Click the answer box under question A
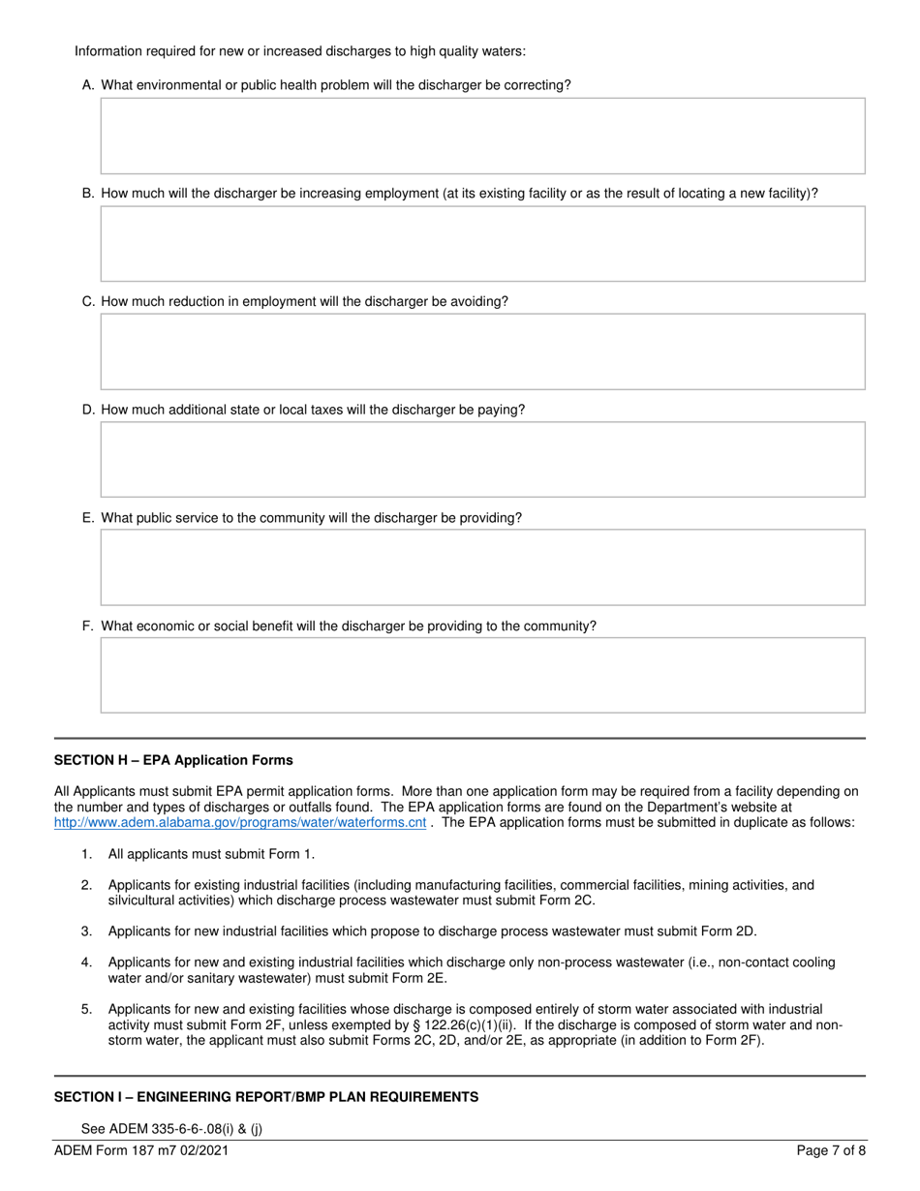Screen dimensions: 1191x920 (482, 136)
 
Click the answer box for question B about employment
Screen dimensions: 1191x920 (482, 243)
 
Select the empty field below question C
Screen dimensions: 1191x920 (482, 351)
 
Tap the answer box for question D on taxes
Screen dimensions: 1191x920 (482, 459)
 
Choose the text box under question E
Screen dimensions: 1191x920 (482, 567)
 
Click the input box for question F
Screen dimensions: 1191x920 (482, 675)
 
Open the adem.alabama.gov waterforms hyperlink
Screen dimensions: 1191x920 (240, 823)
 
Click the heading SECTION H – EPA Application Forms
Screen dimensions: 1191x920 (173, 760)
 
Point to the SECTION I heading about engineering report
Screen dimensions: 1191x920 (265, 1097)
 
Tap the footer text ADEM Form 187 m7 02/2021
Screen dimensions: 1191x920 (142, 1151)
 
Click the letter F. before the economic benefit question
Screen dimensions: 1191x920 (88, 626)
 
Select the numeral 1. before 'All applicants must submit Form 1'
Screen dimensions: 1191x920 (87, 854)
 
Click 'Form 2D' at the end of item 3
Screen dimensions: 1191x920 (729, 931)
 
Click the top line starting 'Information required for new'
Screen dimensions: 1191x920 (300, 51)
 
